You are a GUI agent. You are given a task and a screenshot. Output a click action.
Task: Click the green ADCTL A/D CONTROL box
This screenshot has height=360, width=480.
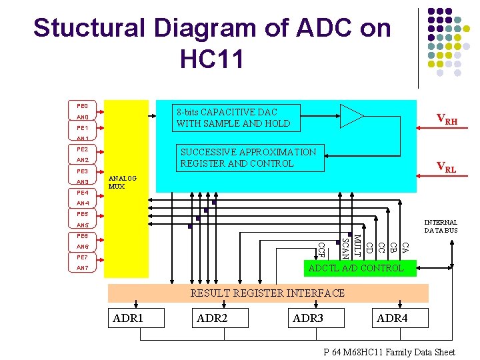(x=359, y=268)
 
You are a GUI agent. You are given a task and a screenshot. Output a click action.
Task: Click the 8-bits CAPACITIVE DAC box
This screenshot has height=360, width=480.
(x=233, y=118)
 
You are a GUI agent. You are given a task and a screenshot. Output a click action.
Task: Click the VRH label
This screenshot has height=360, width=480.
(x=447, y=120)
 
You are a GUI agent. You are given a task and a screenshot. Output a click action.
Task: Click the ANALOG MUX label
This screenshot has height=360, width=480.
(x=122, y=182)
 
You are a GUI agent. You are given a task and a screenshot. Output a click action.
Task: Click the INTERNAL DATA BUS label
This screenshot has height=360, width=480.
(x=441, y=226)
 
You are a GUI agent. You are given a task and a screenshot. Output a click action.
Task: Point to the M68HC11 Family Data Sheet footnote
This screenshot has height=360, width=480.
(x=389, y=353)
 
